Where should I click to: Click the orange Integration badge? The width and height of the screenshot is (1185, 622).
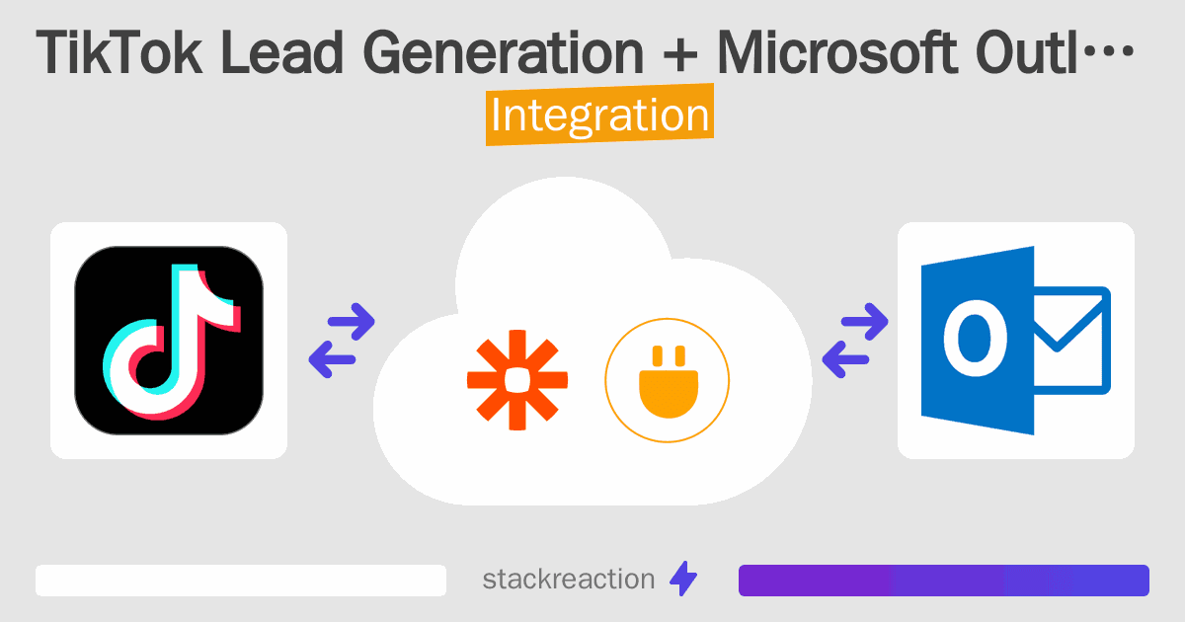(x=599, y=116)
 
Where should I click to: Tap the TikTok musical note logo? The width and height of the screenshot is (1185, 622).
(x=169, y=341)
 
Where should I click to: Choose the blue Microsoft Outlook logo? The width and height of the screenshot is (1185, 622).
(x=1015, y=341)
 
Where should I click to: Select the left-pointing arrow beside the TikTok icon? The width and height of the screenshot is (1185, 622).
(x=332, y=358)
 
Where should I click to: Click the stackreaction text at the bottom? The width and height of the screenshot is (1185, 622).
(x=568, y=580)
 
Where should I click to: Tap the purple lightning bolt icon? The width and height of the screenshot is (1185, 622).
(x=683, y=580)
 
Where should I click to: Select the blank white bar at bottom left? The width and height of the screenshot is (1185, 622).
(x=241, y=581)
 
